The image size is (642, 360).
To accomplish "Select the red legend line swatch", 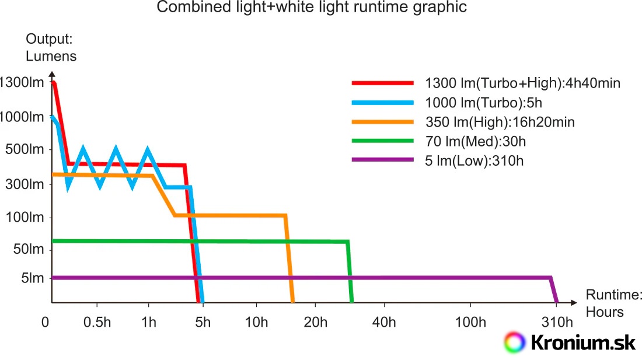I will tap(382, 83).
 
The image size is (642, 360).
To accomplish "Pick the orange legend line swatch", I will tap(382, 122).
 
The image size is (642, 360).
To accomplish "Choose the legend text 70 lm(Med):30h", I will tap(476, 141).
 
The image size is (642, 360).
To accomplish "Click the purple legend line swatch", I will tap(382, 160).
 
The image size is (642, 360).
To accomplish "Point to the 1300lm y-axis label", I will tap(22, 82).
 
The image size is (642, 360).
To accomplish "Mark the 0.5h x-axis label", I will tap(97, 323).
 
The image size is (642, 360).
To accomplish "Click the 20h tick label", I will tap(315, 323).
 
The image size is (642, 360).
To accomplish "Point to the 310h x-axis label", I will tap(556, 323).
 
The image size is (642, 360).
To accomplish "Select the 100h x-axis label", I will tap(471, 323).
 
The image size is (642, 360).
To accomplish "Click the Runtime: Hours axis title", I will tap(605, 303).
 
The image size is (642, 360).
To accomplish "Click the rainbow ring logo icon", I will tap(514, 342).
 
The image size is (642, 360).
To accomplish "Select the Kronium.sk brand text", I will tap(583, 342).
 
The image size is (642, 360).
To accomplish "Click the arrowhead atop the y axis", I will tap(52, 75).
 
